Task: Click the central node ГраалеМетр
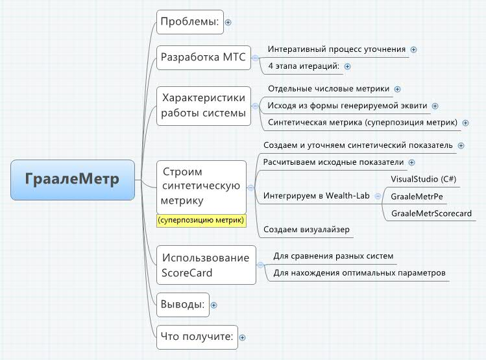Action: click(73, 180)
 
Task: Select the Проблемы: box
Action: click(190, 22)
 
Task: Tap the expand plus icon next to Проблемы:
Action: click(228, 22)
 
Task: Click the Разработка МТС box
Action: click(204, 58)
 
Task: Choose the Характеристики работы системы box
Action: click(204, 106)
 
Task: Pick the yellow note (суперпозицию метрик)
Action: click(201, 221)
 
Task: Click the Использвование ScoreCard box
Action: click(206, 265)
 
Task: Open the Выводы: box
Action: click(183, 305)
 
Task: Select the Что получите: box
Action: click(197, 337)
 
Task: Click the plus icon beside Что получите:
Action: click(243, 337)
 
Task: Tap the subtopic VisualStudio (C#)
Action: click(424, 179)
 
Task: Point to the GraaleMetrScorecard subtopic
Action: click(431, 213)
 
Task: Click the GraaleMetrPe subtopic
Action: click(417, 197)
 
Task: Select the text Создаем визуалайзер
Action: click(306, 230)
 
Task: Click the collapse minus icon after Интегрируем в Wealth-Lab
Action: click(378, 196)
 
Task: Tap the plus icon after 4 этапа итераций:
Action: click(347, 66)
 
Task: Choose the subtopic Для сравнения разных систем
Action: click(334, 256)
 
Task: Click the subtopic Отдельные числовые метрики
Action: click(328, 89)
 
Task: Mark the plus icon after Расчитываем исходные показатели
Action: click(411, 162)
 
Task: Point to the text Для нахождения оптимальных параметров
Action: click(359, 273)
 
